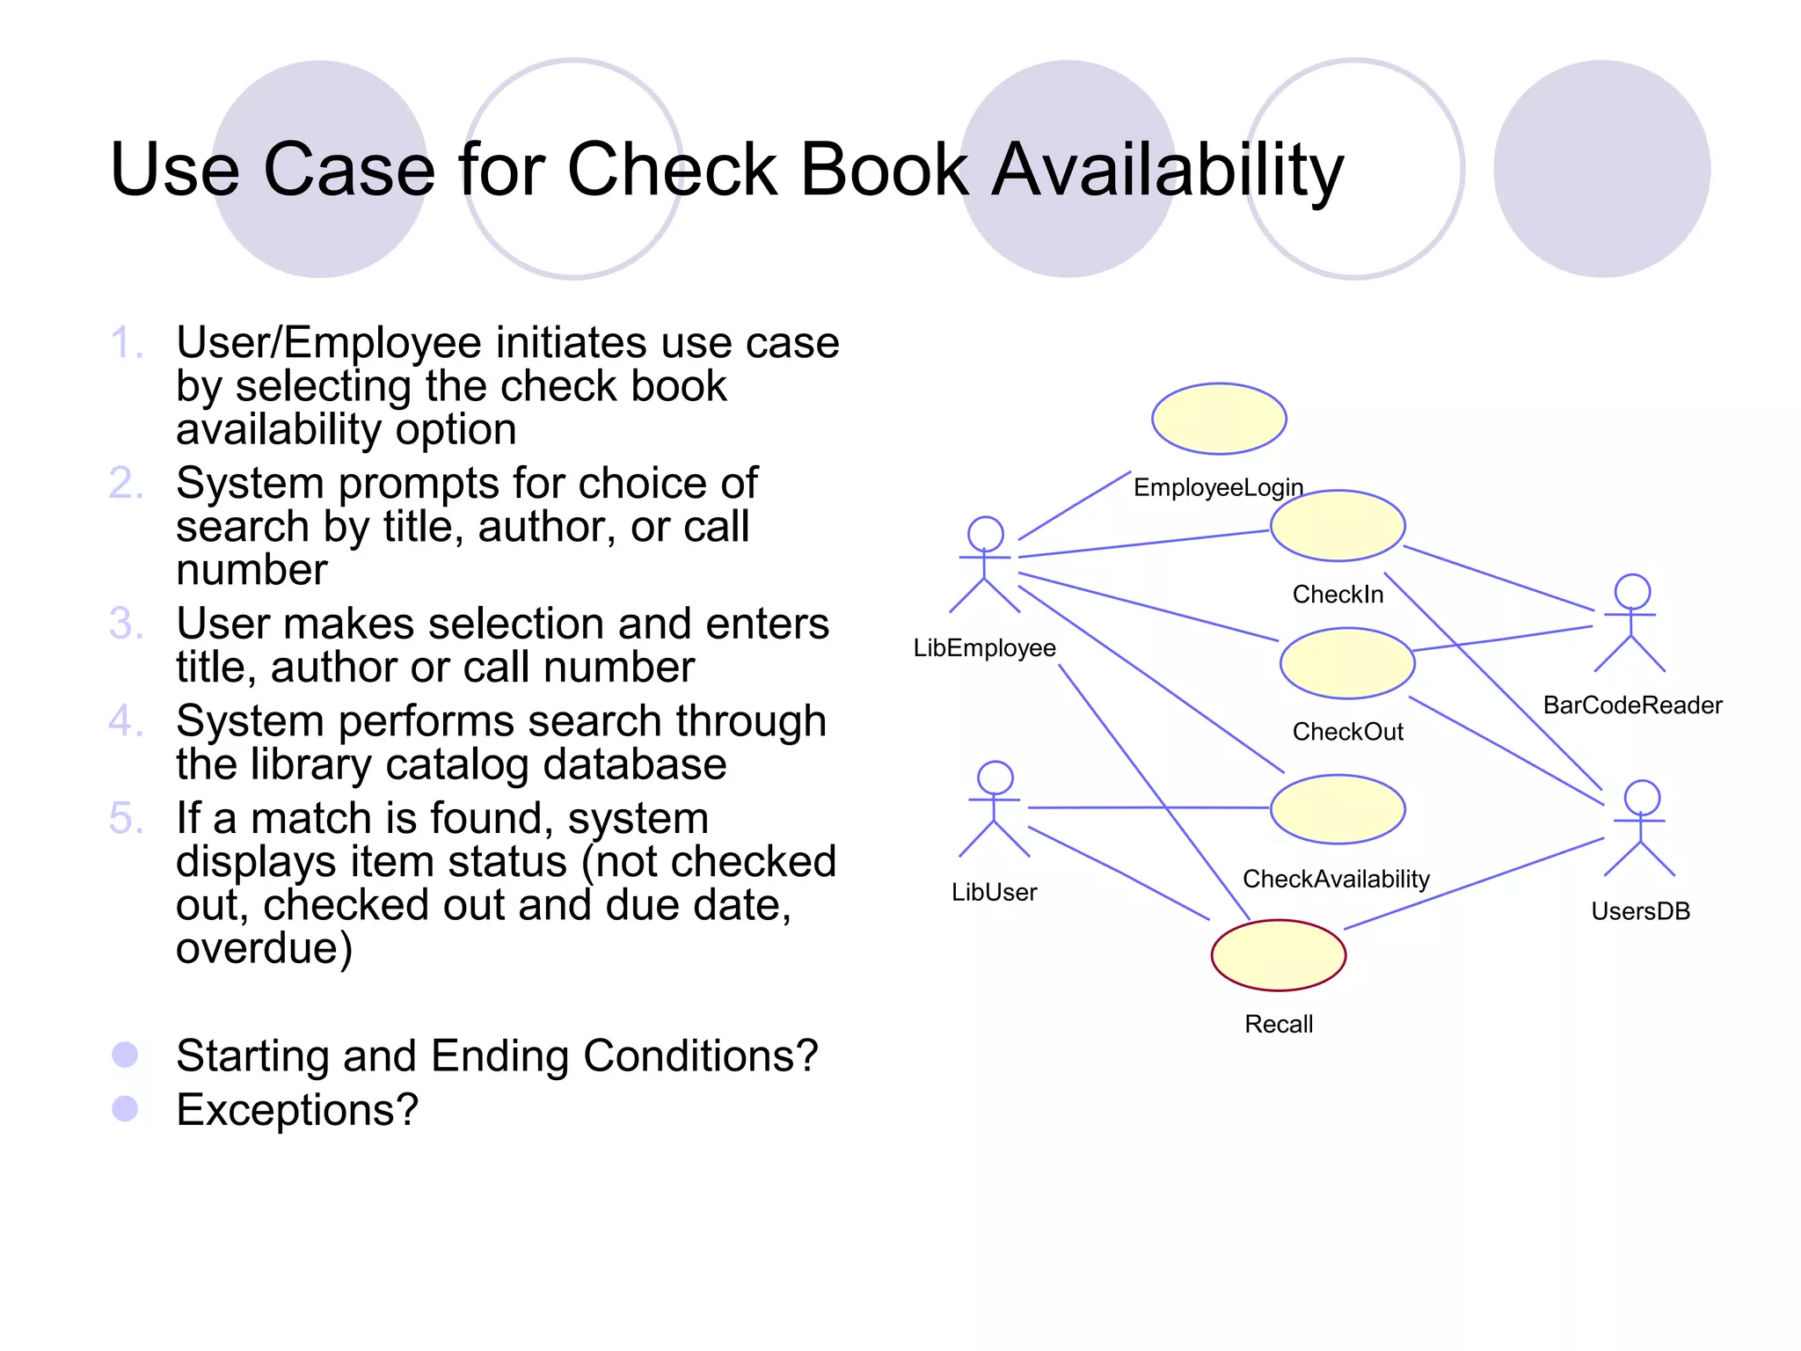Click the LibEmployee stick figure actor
(x=985, y=565)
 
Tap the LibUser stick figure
(x=995, y=809)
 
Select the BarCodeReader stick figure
(x=1631, y=623)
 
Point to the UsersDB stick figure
(x=1641, y=828)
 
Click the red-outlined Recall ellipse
(x=1278, y=955)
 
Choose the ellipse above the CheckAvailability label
(x=1338, y=809)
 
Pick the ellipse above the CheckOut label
(x=1346, y=663)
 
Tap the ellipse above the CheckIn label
(x=1338, y=526)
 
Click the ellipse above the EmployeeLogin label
(x=1219, y=419)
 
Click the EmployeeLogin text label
(x=1218, y=487)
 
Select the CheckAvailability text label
(x=1336, y=879)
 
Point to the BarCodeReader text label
(x=1632, y=705)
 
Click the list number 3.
(x=126, y=624)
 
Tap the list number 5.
(x=126, y=818)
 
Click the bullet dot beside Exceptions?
(x=126, y=1108)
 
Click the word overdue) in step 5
(x=264, y=948)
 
